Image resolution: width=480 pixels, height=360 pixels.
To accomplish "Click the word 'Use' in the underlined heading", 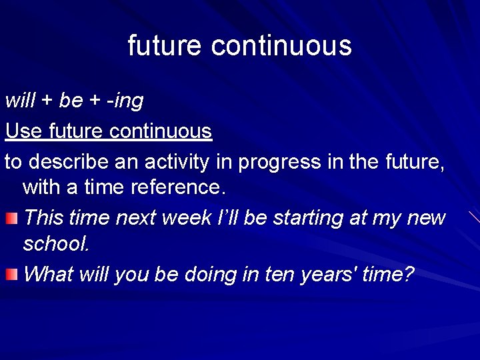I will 24,131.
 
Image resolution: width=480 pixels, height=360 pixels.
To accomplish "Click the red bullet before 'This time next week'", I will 12,219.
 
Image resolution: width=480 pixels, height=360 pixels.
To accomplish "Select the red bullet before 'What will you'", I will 12,274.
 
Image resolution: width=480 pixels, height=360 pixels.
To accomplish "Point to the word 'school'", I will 56,243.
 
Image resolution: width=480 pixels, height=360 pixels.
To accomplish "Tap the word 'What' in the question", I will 48,274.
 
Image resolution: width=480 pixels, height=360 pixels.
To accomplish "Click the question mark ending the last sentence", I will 408,274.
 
